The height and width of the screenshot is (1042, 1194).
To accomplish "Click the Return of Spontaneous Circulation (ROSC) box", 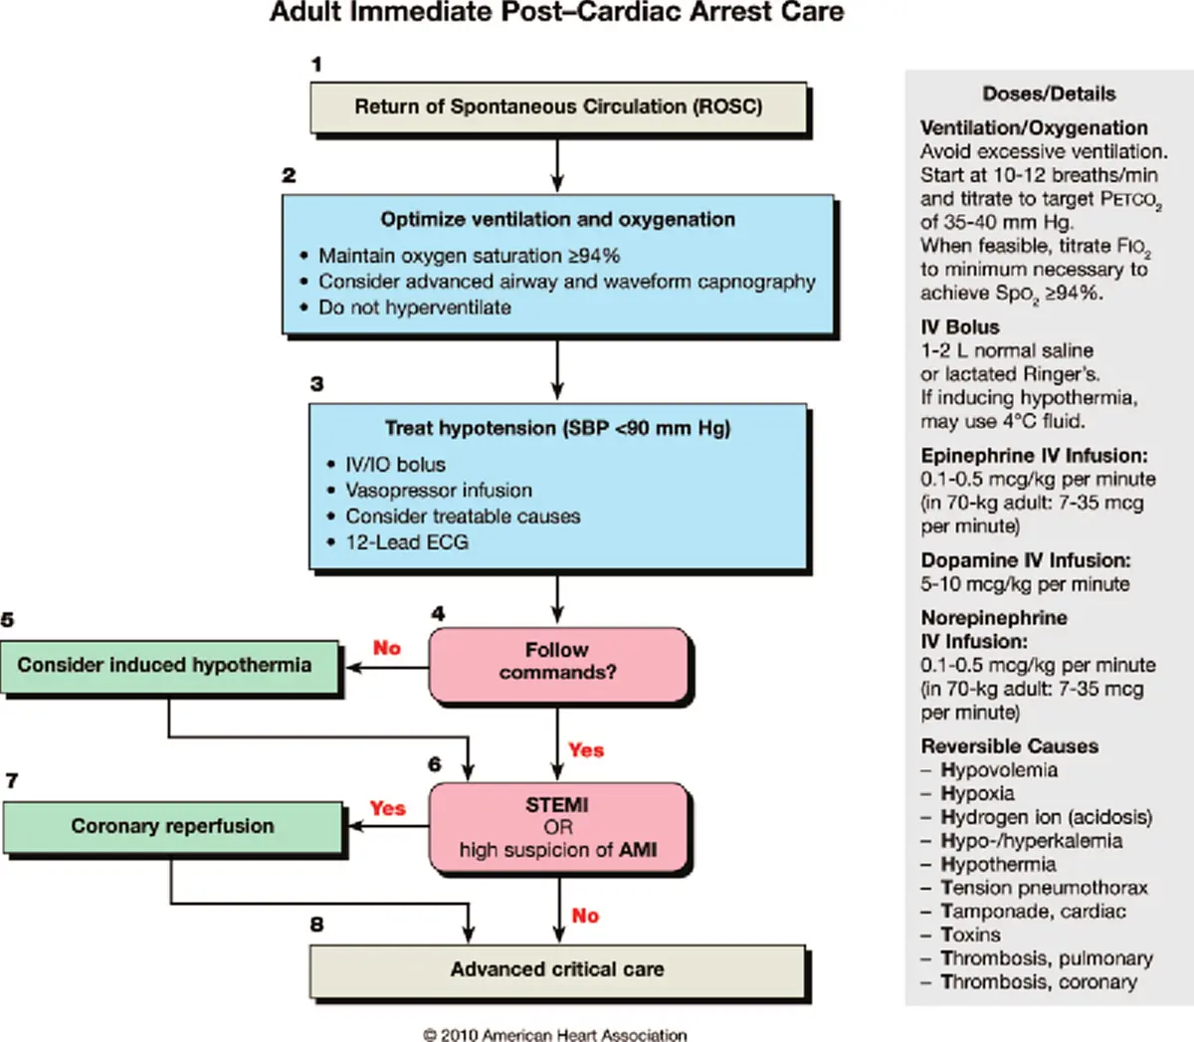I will [x=558, y=107].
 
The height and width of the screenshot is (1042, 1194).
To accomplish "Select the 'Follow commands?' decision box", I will [x=558, y=662].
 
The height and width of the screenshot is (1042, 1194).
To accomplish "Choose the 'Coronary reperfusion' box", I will [x=172, y=827].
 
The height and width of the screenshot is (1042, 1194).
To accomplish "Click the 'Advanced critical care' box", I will [x=557, y=969].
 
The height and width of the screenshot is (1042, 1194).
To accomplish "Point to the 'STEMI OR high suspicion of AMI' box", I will [x=558, y=828].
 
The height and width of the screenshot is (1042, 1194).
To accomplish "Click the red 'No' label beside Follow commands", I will [x=387, y=649].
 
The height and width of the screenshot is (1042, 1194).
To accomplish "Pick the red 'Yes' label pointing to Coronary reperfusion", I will [x=387, y=808].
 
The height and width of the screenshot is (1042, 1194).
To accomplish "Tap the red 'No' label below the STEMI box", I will [x=585, y=916].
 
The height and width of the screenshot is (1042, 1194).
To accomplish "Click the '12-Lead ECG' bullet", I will [x=406, y=542].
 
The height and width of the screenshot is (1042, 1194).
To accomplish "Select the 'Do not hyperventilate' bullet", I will [x=414, y=308].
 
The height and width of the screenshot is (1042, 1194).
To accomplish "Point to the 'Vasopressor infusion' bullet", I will [x=438, y=491].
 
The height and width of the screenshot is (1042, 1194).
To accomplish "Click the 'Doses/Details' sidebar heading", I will [x=1049, y=95].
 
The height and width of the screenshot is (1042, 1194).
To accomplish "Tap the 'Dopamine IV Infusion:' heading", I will [x=1026, y=560].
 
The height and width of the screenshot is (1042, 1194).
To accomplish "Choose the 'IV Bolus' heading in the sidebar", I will [x=960, y=327].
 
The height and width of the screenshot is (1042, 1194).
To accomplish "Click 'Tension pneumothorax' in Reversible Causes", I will [x=1044, y=888].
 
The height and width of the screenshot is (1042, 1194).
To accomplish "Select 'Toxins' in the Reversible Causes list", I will [x=970, y=936].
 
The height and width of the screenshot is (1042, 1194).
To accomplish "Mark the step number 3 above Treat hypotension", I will [x=316, y=384].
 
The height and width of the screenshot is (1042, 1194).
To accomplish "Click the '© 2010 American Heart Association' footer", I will [x=555, y=1035].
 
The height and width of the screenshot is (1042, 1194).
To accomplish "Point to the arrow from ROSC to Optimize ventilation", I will [x=557, y=163].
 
